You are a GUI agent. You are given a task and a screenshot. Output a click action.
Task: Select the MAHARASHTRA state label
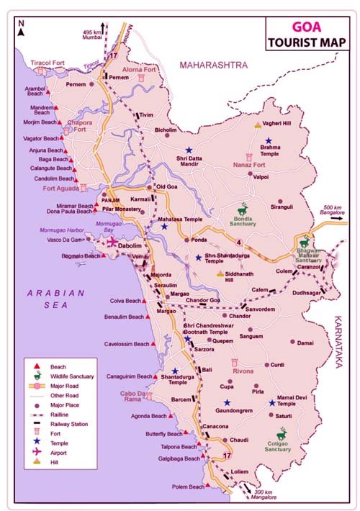point(213,65)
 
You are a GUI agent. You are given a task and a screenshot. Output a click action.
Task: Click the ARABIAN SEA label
point(55,299)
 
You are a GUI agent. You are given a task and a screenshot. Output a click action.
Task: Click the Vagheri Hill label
point(277,125)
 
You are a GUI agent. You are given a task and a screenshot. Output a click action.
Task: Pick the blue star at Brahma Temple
point(269,141)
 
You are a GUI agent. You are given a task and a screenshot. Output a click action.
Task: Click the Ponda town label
point(199,240)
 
